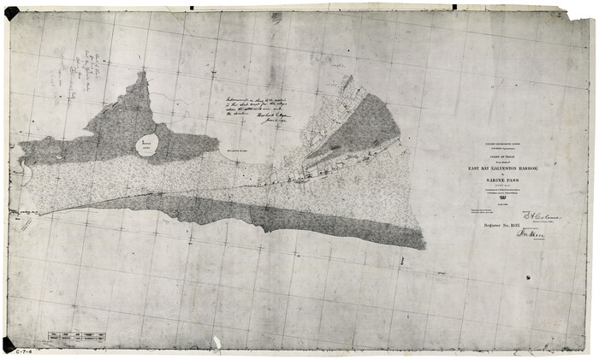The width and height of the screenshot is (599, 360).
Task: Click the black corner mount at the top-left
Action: tap(11, 13)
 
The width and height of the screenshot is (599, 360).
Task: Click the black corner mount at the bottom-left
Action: tap(9, 344)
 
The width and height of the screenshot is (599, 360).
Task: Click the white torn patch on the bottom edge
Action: tap(216, 343)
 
